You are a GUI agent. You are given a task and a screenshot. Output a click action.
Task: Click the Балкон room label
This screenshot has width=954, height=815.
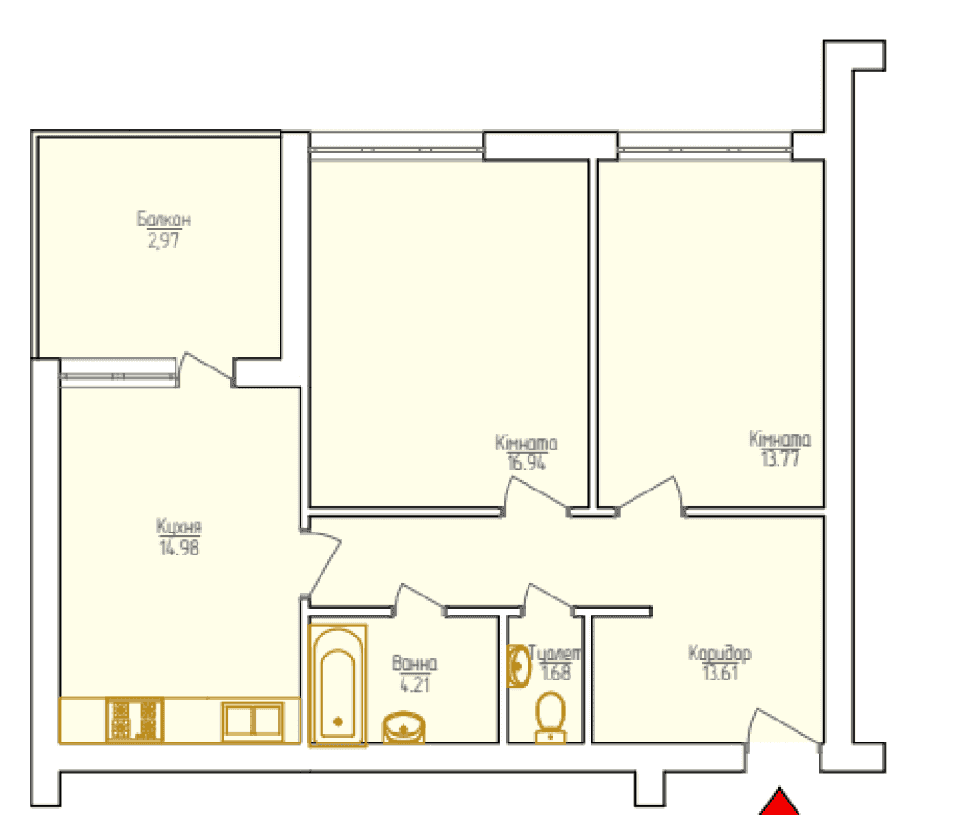click(164, 219)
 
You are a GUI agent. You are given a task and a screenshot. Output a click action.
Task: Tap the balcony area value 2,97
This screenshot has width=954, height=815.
click(164, 240)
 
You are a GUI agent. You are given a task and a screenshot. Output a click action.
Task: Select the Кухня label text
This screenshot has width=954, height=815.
click(179, 527)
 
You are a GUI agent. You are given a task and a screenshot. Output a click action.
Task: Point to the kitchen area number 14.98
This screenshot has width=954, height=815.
click(179, 548)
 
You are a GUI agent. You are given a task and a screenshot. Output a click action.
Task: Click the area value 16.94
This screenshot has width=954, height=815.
click(527, 463)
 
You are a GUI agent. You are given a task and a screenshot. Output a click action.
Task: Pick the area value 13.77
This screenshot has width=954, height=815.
click(780, 458)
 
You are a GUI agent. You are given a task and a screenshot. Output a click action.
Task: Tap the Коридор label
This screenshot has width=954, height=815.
click(719, 653)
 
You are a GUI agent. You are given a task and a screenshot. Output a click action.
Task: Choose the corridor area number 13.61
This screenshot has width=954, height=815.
click(720, 673)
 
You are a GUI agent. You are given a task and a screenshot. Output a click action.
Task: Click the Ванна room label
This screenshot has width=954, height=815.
click(414, 663)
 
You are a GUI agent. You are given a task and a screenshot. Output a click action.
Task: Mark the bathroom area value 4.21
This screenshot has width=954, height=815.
click(415, 685)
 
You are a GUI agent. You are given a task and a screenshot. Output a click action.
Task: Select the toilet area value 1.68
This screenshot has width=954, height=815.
click(556, 673)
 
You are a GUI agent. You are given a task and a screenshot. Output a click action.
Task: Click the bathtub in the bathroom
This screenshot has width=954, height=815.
click(338, 686)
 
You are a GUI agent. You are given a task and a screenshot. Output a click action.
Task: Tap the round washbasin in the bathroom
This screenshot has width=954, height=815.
click(403, 727)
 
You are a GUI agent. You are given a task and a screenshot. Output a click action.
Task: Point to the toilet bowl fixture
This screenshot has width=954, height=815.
click(550, 719)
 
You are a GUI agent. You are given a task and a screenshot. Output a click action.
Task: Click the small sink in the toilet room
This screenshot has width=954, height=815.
click(519, 666)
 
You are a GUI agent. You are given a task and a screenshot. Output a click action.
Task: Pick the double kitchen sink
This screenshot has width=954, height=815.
click(253, 721)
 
